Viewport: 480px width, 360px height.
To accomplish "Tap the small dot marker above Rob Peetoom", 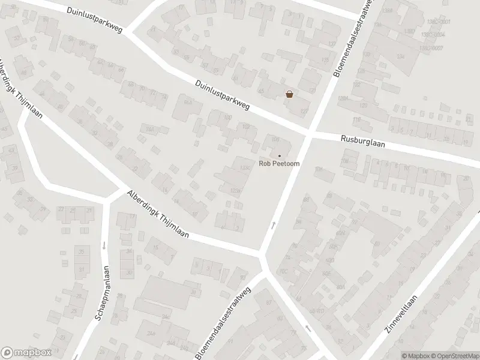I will tap(279, 155).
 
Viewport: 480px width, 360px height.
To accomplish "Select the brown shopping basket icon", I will tap(290, 94).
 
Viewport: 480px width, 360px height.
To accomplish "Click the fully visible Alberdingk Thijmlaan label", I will tap(158, 214).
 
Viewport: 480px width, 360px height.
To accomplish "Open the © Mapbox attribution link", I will tap(415, 355).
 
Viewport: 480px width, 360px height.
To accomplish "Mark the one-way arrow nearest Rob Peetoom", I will tap(273, 225).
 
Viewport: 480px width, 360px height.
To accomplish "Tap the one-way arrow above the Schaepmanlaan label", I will tap(104, 245).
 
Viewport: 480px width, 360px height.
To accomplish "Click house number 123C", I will tap(244, 167).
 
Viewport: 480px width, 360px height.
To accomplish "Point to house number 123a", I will tap(235, 191).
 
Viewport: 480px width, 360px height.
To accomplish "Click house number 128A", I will tap(343, 98).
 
